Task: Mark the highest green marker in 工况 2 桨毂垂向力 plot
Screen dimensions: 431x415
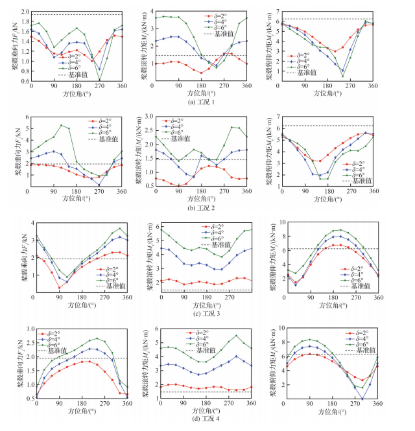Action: tap(61, 125)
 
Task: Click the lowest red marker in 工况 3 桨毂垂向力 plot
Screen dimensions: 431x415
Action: tap(59, 287)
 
